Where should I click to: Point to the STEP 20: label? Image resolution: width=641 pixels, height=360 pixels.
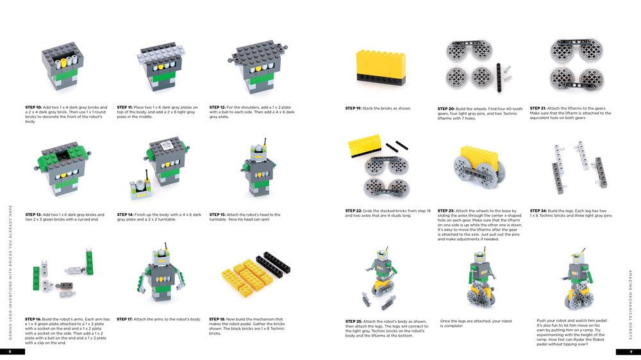(x=447, y=109)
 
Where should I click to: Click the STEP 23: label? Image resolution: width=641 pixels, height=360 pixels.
(x=447, y=211)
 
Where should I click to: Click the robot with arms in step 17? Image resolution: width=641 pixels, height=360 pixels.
(x=165, y=275)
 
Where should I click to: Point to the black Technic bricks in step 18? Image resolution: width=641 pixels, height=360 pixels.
(x=268, y=263)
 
